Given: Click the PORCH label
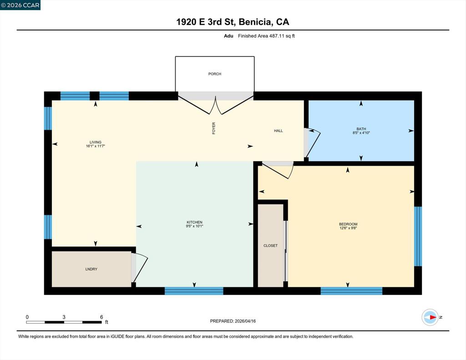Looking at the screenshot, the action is click(x=215, y=74).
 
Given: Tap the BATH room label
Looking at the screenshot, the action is click(x=361, y=129).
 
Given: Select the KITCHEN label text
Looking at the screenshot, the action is click(x=194, y=222).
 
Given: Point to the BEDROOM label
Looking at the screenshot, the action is click(x=348, y=224).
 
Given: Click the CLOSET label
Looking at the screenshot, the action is click(x=270, y=246).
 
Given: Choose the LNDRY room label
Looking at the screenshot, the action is click(x=91, y=269).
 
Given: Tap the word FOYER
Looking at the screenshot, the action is click(x=214, y=128).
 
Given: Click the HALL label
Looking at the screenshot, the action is click(x=279, y=131).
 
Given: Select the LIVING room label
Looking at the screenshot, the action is click(x=96, y=142).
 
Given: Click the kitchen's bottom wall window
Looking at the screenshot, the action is click(x=194, y=291).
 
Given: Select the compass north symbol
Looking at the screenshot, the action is click(x=431, y=317).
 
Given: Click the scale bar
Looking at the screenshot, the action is click(x=64, y=322).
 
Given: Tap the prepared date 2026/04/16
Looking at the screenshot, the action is click(x=245, y=321).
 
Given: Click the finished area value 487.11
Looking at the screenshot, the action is click(x=277, y=36).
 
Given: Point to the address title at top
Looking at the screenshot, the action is click(x=233, y=22).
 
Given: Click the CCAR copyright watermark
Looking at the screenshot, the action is click(x=20, y=5).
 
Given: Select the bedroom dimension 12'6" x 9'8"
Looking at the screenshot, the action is click(x=348, y=228).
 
